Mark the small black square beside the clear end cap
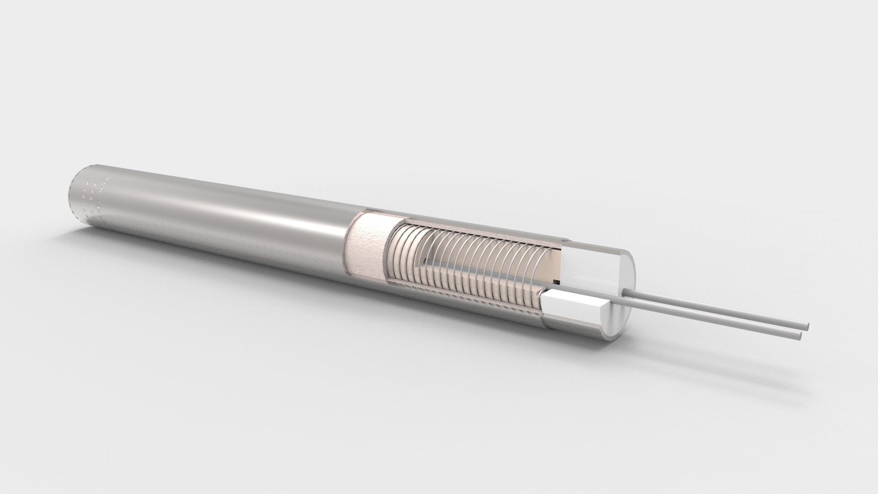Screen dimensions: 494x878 [556, 281]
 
